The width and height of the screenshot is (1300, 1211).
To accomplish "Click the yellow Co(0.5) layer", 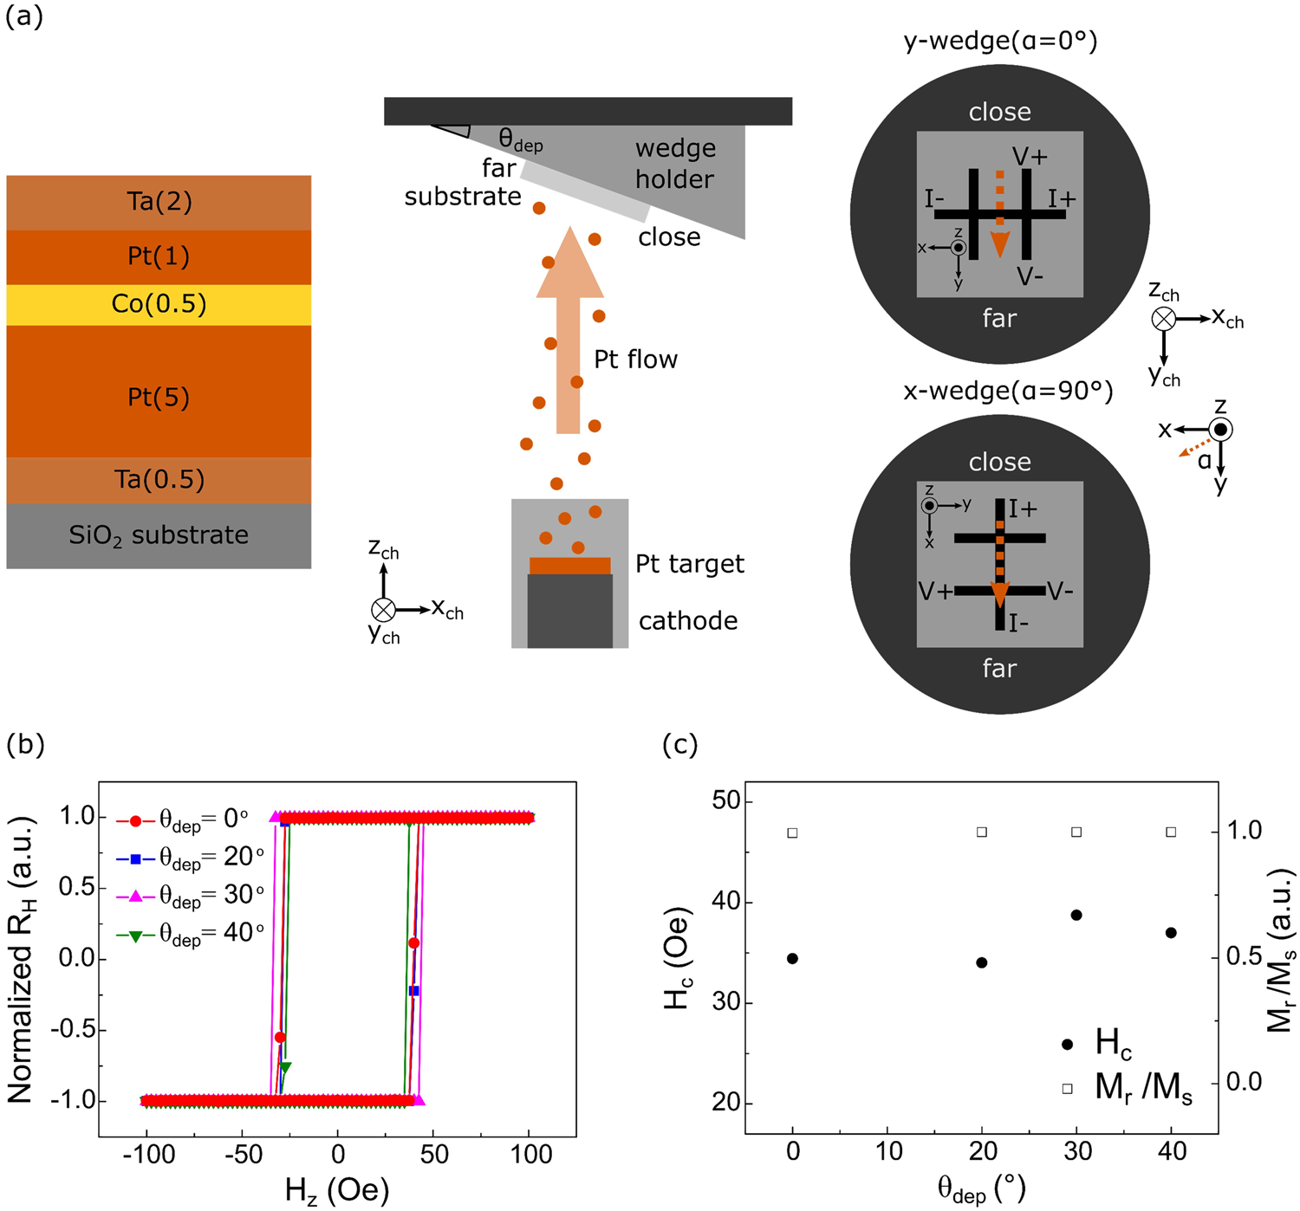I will [159, 304].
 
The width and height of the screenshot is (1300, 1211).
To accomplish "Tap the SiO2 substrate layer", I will [159, 535].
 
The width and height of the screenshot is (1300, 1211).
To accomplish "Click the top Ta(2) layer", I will [159, 202].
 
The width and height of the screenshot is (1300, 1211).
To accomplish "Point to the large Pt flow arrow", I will [569, 329].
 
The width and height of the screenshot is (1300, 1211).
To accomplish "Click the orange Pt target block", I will [569, 566].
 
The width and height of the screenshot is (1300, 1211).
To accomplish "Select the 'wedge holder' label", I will [675, 164].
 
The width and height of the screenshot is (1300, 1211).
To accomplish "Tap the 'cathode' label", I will [688, 621].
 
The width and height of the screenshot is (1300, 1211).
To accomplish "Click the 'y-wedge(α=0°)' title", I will [1000, 41].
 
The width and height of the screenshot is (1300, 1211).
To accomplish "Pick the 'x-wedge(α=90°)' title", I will [1008, 391].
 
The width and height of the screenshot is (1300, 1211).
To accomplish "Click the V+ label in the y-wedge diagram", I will [1030, 157].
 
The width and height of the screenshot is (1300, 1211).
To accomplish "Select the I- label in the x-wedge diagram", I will [1019, 623].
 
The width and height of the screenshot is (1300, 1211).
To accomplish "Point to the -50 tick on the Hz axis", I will [243, 1155].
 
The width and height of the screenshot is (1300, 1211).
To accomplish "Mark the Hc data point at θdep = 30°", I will [1076, 915].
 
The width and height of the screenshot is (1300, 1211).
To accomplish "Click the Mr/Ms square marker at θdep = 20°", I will [982, 832].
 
